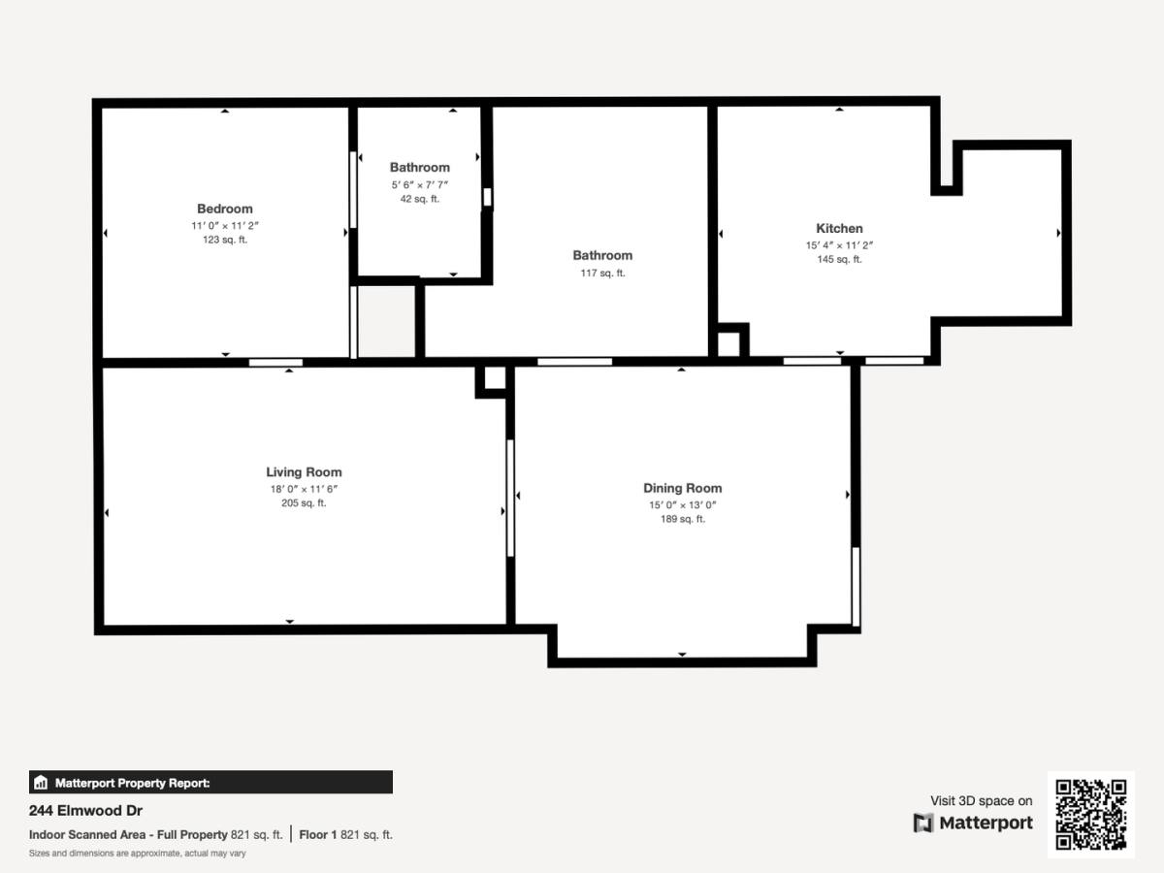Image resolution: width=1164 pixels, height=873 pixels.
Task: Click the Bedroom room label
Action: point(225,209)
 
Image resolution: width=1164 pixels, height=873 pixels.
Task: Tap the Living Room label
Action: point(304,471)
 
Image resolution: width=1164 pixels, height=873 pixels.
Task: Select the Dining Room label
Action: point(683,488)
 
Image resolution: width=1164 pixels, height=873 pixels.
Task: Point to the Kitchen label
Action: point(839,228)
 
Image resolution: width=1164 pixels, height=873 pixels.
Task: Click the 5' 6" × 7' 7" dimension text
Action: point(420,184)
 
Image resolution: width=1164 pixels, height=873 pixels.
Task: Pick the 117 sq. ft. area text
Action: point(603,273)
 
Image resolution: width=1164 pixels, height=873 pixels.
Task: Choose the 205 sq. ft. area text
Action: point(304,502)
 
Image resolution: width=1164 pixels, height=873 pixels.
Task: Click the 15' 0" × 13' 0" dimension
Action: point(683,504)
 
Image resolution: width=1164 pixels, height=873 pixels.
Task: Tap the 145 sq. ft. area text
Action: point(839,259)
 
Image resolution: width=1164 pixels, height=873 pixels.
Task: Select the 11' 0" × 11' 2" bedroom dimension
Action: point(225,225)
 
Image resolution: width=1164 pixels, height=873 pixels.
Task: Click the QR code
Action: point(1091,814)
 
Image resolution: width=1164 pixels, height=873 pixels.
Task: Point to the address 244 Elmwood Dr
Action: point(86,811)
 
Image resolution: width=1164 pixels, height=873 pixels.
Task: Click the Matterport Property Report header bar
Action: point(211,783)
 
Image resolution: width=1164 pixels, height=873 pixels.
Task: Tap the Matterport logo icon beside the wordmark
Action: point(923,824)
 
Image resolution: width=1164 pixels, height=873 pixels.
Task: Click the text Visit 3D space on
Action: point(982,801)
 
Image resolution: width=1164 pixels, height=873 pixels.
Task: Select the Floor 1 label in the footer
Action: point(317,835)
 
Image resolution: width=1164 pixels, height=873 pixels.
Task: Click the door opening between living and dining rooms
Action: point(510,498)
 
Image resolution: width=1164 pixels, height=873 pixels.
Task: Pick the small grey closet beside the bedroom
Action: point(387,322)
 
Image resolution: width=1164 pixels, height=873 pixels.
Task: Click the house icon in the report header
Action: point(41,783)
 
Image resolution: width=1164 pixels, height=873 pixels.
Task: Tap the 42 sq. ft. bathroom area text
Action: point(420,199)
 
